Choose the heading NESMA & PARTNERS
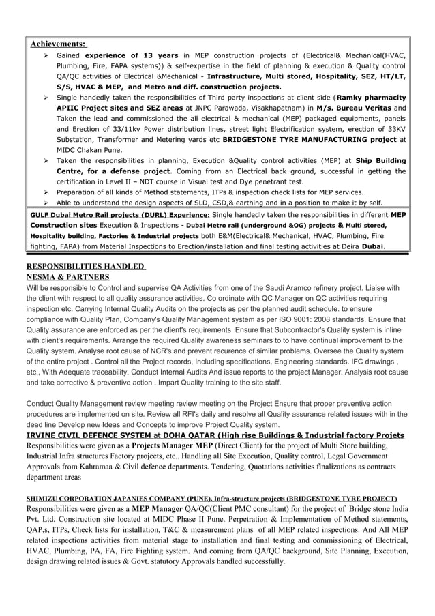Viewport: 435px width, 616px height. [x=67, y=277]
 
